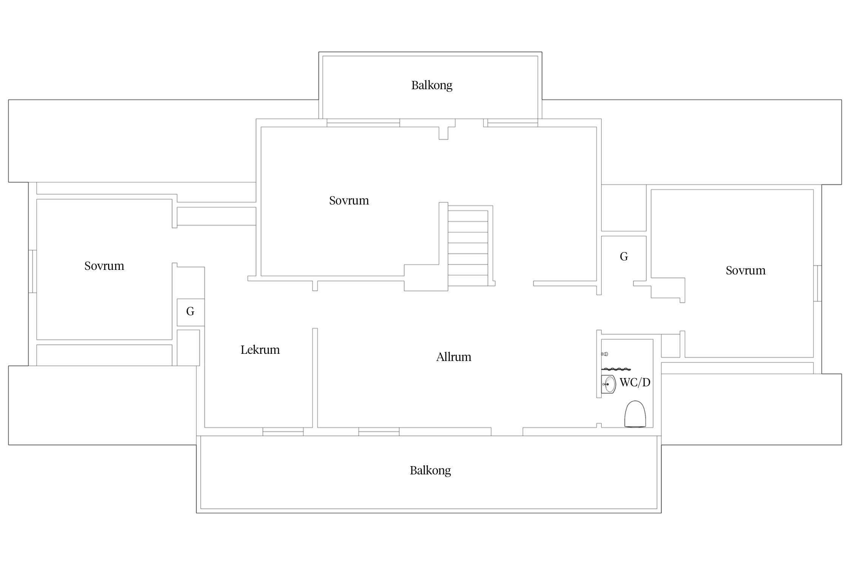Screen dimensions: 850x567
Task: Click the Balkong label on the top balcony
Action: pyautogui.click(x=431, y=85)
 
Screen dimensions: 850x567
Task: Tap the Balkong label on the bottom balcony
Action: pyautogui.click(x=430, y=471)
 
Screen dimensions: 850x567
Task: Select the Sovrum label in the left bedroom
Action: pyautogui.click(x=104, y=266)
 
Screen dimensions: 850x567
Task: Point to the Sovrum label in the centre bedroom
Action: pyautogui.click(x=349, y=200)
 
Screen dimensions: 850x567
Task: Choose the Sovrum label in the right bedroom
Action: pyautogui.click(x=746, y=271)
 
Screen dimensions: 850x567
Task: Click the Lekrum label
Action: pyautogui.click(x=260, y=350)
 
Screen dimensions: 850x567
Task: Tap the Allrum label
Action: pyautogui.click(x=454, y=357)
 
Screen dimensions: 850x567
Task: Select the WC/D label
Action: pyautogui.click(x=635, y=383)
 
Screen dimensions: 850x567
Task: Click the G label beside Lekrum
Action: pyautogui.click(x=190, y=311)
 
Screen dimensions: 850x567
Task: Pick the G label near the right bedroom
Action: pyautogui.click(x=624, y=257)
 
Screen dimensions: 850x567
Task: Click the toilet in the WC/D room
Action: pyautogui.click(x=635, y=414)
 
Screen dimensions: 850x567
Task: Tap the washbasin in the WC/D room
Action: pyautogui.click(x=608, y=384)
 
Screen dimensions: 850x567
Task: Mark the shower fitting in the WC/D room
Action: pyautogui.click(x=604, y=354)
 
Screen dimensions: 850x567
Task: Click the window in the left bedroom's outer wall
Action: pyautogui.click(x=33, y=271)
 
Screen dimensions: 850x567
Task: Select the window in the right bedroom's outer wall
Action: pyautogui.click(x=818, y=283)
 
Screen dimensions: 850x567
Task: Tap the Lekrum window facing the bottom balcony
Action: pyautogui.click(x=283, y=432)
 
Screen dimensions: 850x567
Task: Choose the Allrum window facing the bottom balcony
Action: pyautogui.click(x=379, y=432)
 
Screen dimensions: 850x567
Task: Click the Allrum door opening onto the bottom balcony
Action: pyautogui.click(x=507, y=432)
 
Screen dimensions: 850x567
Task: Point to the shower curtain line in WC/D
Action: pyautogui.click(x=616, y=369)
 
